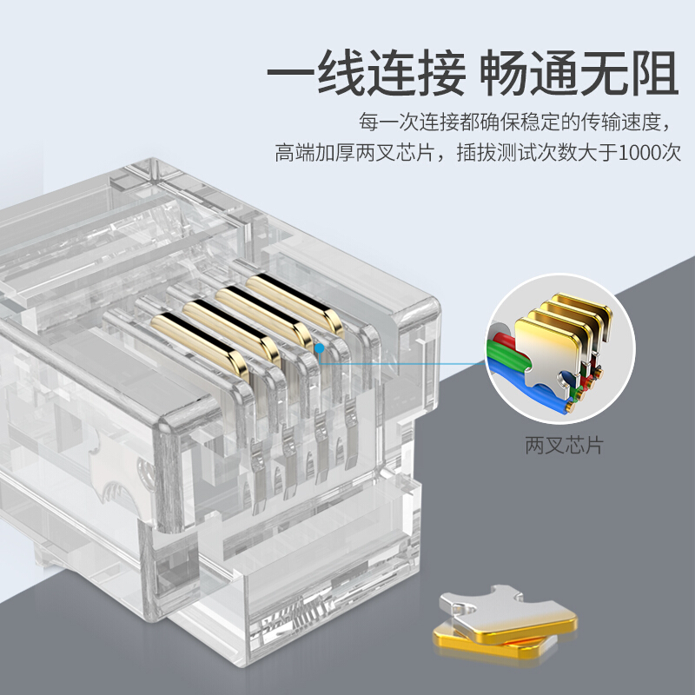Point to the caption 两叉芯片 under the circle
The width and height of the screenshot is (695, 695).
564,445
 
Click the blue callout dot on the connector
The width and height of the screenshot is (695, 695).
320,349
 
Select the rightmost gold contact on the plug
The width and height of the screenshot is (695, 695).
295,303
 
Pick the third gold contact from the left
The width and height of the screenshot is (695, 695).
265,316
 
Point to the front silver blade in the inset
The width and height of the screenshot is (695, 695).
548,354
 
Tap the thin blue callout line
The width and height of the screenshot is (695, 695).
401,363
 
